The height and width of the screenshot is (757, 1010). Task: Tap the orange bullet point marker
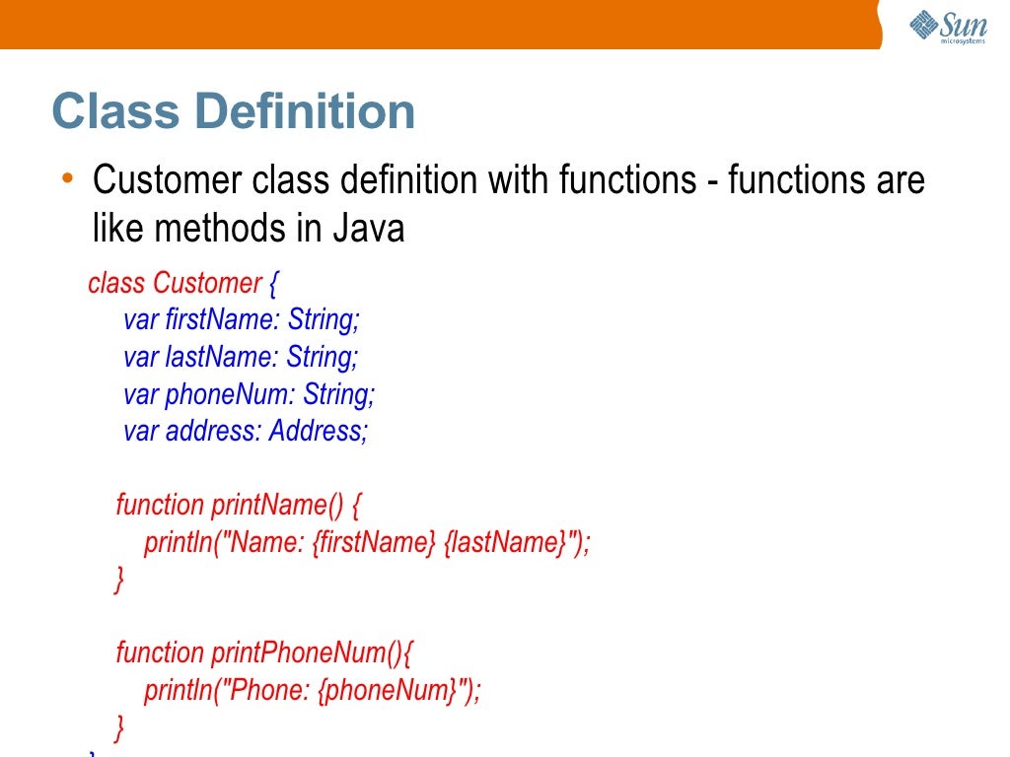[x=66, y=177]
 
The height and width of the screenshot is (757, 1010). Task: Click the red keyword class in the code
[x=116, y=284]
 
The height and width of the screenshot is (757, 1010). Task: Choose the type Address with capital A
[x=318, y=431]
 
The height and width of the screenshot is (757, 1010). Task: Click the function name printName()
[x=277, y=505]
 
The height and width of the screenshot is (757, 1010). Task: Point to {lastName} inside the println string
[x=505, y=542]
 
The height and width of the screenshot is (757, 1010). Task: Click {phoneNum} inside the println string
[x=386, y=690]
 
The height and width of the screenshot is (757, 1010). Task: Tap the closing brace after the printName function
[x=120, y=580]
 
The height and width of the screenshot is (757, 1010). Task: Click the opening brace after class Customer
[x=273, y=284]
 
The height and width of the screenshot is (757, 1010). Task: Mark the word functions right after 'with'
[x=627, y=180]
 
